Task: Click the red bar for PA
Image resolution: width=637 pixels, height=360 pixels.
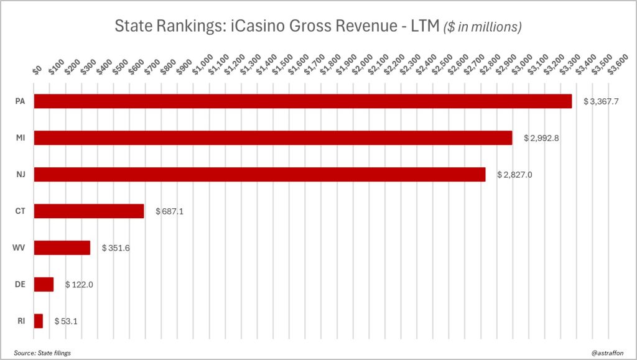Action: point(302,101)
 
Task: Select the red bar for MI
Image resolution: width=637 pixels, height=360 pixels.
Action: point(272,138)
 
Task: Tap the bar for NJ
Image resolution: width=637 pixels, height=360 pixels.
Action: point(259,175)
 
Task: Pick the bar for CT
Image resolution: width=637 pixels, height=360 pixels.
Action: point(89,211)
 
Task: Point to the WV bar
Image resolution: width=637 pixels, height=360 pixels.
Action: point(62,248)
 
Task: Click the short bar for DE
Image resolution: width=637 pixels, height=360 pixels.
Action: point(44,285)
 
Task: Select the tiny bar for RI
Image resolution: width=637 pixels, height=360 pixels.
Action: point(39,321)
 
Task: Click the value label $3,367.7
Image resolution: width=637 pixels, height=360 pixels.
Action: point(602,101)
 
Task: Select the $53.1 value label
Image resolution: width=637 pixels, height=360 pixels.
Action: point(65,321)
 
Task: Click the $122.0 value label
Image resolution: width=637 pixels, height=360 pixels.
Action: point(79,285)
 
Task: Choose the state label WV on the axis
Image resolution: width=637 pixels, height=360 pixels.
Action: point(19,248)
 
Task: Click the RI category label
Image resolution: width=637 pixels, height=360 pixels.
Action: point(20,321)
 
